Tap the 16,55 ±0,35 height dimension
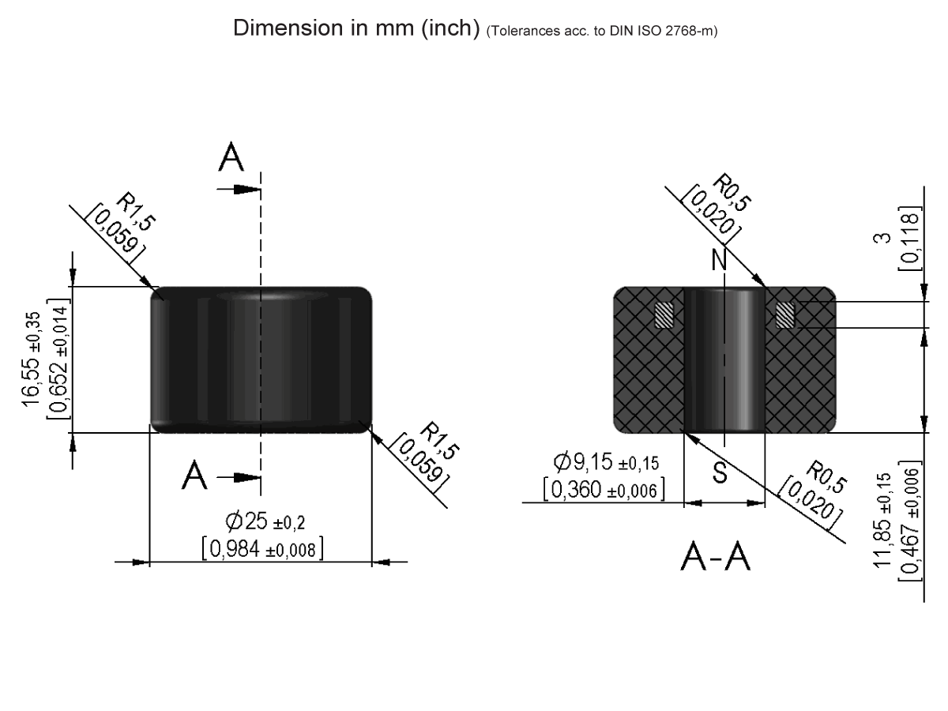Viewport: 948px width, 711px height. click(x=33, y=358)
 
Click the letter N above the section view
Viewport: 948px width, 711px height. click(x=719, y=261)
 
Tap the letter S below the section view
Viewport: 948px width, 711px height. click(x=720, y=472)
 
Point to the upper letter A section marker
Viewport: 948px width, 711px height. click(x=231, y=159)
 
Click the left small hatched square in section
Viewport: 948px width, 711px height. click(x=664, y=315)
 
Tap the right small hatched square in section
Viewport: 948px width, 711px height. click(x=784, y=315)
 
